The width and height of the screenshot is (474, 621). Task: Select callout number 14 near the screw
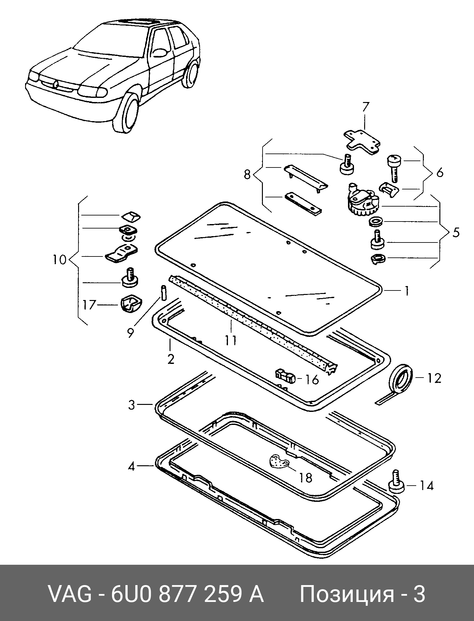click(426, 486)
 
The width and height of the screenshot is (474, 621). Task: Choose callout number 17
click(89, 305)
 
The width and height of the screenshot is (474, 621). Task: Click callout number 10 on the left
click(60, 260)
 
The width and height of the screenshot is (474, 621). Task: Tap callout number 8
click(248, 174)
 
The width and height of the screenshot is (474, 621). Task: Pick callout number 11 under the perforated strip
click(231, 340)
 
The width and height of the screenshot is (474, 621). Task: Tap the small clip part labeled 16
click(285, 376)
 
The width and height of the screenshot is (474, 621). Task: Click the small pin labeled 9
click(164, 292)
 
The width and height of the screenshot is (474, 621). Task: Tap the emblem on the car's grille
click(56, 84)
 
